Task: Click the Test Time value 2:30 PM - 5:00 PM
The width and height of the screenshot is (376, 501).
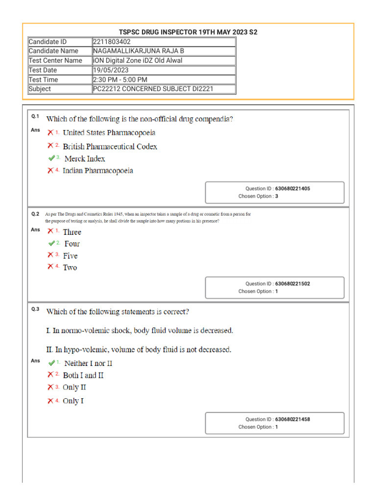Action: [x=120, y=79]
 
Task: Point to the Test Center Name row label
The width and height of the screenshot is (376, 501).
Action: [x=55, y=61]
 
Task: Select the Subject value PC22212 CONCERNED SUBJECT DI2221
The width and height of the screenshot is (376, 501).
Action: [x=153, y=89]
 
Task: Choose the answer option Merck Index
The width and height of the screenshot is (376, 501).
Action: [x=85, y=159]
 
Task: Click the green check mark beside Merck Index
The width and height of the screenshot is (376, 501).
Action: [x=51, y=158]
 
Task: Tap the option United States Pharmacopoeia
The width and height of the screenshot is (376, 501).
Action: [x=109, y=133]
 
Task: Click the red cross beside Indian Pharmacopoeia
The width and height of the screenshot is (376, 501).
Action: [x=50, y=170]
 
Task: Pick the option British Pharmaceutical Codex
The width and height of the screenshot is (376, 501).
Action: [x=110, y=146]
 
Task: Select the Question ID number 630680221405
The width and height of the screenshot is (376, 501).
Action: [x=292, y=188]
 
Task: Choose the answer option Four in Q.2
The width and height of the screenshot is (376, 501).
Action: [x=72, y=244]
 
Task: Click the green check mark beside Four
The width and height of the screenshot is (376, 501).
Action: [x=51, y=243]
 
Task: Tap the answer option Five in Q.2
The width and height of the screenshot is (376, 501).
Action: [x=70, y=255]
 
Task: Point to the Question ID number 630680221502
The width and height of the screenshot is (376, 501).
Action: [x=292, y=284]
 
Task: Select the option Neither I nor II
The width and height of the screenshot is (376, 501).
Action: [x=88, y=364]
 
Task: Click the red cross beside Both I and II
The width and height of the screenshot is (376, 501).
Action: [x=50, y=375]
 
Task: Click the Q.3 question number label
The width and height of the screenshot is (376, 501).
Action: [x=35, y=309]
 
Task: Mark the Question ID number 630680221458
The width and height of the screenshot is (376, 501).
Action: [x=292, y=419]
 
